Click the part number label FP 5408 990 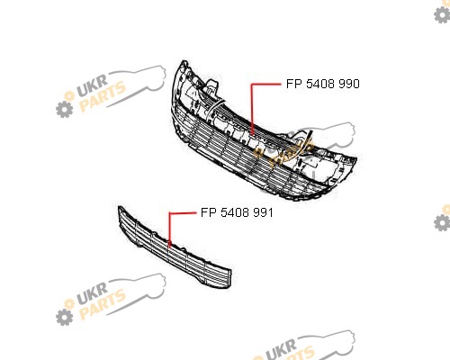(323, 84)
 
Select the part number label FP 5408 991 (237, 212)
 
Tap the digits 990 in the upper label (349, 84)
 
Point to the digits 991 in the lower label (263, 212)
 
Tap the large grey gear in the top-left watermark (64, 109)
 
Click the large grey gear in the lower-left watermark (64, 317)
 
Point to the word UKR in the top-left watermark (93, 85)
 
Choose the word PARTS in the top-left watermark (103, 96)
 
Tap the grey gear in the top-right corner (442, 15)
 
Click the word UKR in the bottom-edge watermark (282, 348)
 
